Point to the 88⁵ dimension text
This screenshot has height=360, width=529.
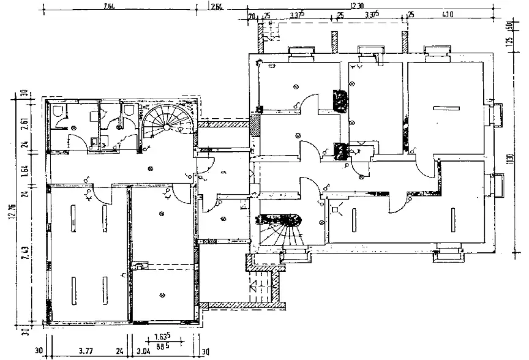pyautogui.click(x=161, y=346)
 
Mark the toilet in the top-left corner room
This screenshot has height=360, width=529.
pyautogui.click(x=58, y=111)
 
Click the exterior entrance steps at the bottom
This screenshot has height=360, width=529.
pyautogui.click(x=261, y=287)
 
